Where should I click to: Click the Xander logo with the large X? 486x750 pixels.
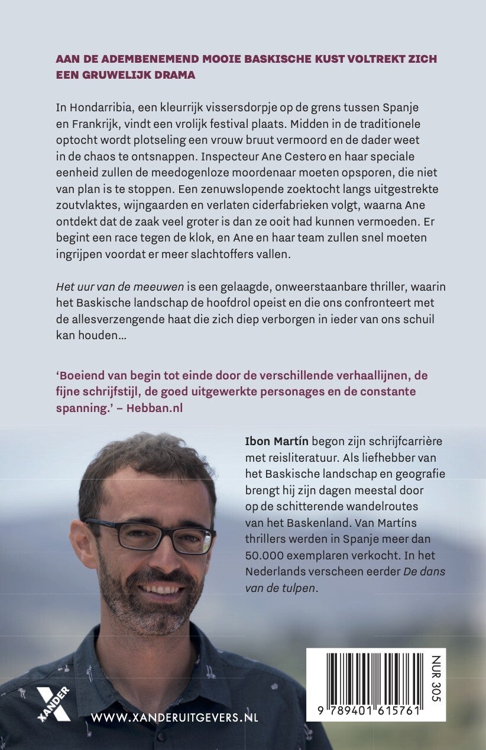click(54, 704)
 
